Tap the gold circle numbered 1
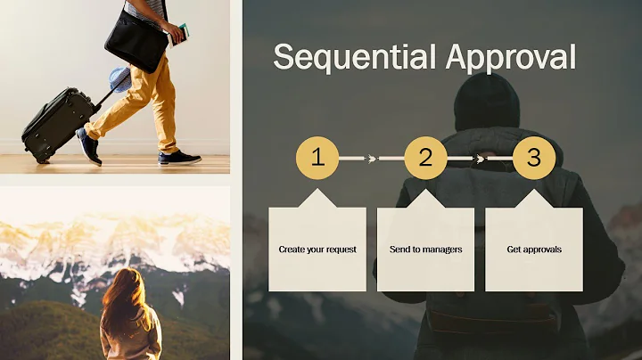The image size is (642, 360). point(317,159)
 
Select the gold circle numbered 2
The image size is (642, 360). point(425,159)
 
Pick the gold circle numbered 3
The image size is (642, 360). point(533,159)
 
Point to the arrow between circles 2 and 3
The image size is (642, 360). point(479,159)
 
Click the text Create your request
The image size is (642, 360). point(317,250)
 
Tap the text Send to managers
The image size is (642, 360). point(425,250)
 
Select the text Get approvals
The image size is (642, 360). point(533,250)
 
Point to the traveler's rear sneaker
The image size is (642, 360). point(88,146)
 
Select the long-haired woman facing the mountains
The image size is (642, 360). point(129,316)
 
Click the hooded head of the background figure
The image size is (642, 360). point(486,102)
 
